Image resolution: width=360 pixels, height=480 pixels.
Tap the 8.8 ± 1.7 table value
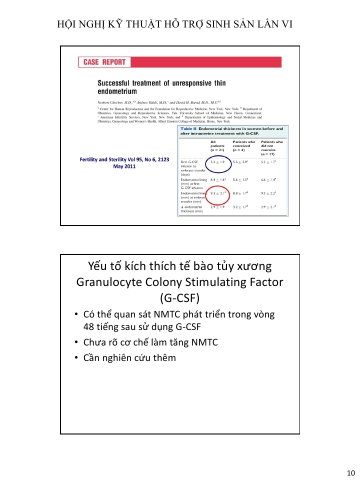pyautogui.click(x=241, y=193)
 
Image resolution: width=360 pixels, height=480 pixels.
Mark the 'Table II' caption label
pyautogui.click(x=188, y=129)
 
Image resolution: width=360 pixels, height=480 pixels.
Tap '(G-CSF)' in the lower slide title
pyautogui.click(x=179, y=298)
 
